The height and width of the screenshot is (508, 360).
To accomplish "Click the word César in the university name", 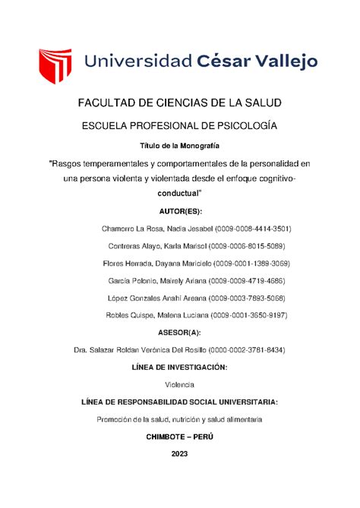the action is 216,63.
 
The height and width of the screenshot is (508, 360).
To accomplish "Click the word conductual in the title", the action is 175,195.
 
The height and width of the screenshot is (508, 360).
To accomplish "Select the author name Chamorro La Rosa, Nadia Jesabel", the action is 151,229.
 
